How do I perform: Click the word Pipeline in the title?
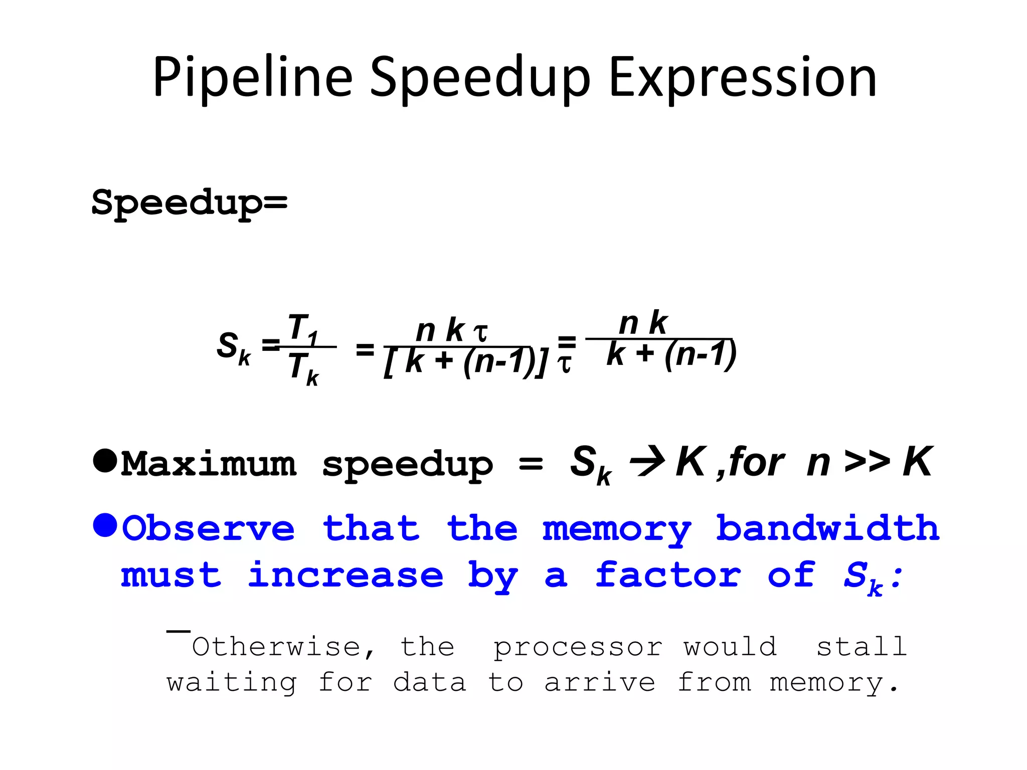click(x=253, y=78)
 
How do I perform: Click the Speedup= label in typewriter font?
click(x=190, y=203)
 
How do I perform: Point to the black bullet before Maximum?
click(x=105, y=460)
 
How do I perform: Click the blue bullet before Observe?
click(x=105, y=525)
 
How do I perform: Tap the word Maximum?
click(x=209, y=464)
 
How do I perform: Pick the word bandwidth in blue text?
click(x=827, y=528)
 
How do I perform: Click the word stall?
click(x=862, y=646)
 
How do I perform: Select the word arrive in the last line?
click(x=600, y=683)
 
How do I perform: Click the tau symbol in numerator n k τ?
click(x=480, y=332)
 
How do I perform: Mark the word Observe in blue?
click(x=209, y=528)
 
